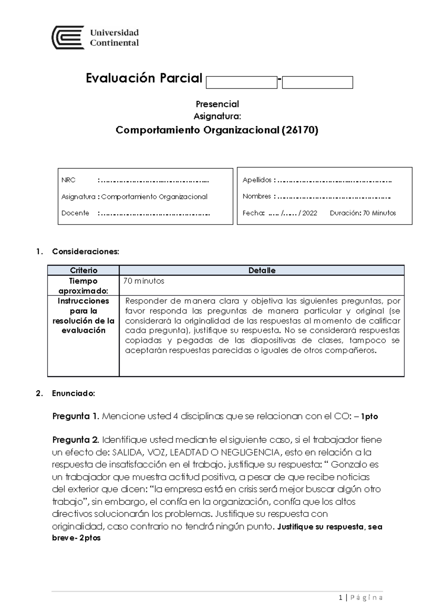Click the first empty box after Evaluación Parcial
coord(241,82)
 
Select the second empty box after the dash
coord(317,82)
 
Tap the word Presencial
coord(217,104)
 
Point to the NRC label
coord(68,180)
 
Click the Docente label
coord(75,213)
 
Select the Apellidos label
coord(257,180)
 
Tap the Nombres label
coord(257,196)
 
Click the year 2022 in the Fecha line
coord(310,213)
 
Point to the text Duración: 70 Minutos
coord(363,213)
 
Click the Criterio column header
coord(84,270)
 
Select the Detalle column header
coord(262,270)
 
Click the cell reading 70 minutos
coord(144,281)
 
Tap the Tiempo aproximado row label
coord(83,286)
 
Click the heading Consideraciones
coord(85,252)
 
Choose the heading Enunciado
coord(73,393)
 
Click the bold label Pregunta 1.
coord(76,416)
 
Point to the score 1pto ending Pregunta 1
coord(369,417)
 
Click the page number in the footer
coord(341,598)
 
